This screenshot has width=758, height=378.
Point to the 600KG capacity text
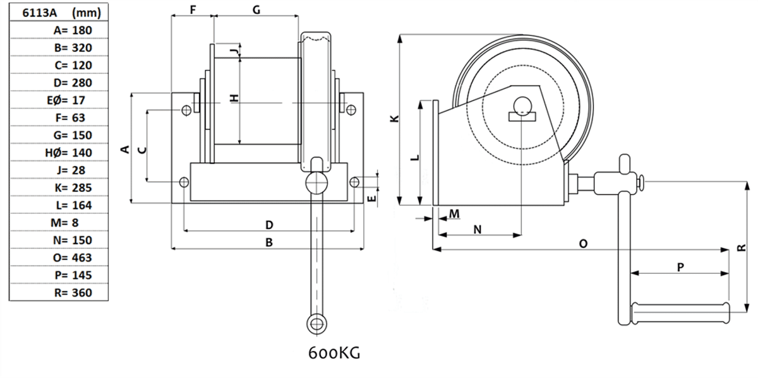click(x=334, y=353)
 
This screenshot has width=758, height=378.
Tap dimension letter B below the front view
click(x=268, y=242)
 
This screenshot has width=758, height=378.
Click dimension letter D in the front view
click(x=268, y=225)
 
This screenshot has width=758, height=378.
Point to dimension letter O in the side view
click(x=582, y=243)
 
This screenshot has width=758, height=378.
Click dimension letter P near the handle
click(x=680, y=267)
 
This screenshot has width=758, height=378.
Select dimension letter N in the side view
click(x=478, y=229)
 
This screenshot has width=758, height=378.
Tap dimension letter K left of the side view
click(x=394, y=118)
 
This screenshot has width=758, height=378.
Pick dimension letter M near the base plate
click(x=454, y=214)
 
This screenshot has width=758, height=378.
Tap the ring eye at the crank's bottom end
click(x=316, y=324)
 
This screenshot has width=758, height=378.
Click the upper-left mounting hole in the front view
click(x=186, y=111)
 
